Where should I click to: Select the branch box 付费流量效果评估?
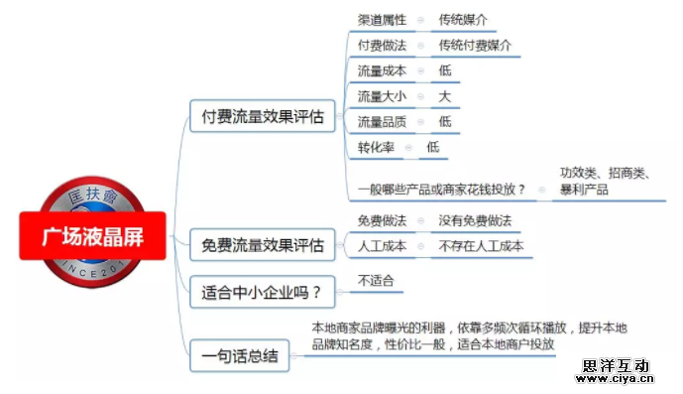click(263, 116)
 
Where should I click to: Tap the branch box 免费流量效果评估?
click(263, 244)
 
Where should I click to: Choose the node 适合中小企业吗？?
click(261, 292)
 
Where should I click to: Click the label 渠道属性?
click(381, 20)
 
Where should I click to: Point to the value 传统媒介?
click(463, 20)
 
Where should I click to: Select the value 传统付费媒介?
click(475, 46)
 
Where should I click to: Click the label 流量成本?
click(381, 71)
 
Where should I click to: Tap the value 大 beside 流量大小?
click(445, 96)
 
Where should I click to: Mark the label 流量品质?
click(381, 122)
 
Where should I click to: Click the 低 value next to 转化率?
click(433, 147)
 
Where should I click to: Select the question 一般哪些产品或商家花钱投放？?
click(441, 189)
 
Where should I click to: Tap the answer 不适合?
click(376, 281)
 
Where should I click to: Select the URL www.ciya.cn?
click(615, 378)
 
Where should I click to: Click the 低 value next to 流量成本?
click(445, 71)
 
